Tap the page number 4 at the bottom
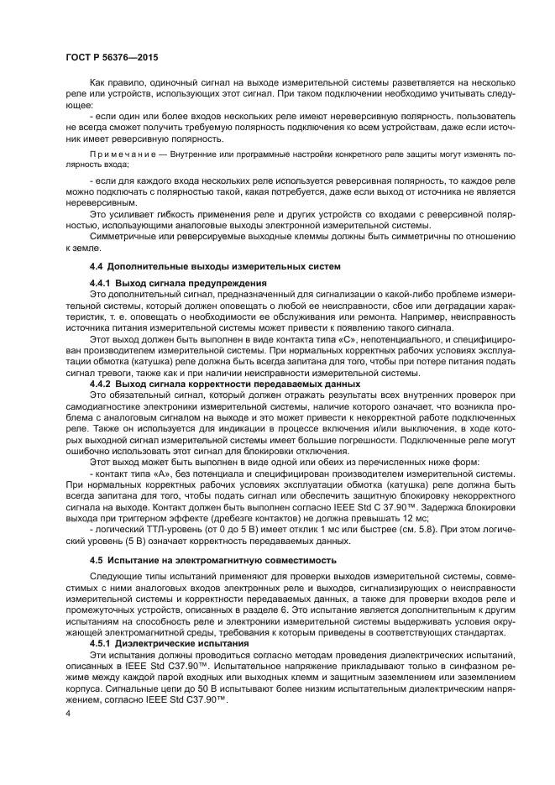[x=68, y=712]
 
